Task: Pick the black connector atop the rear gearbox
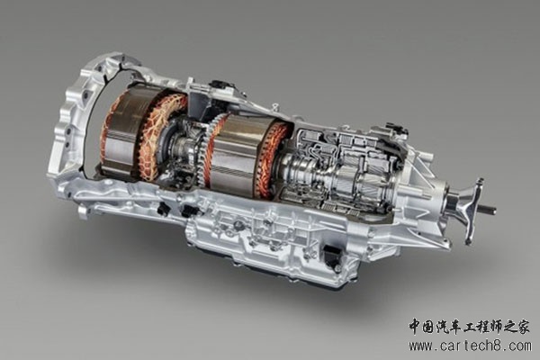tap(397, 128)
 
